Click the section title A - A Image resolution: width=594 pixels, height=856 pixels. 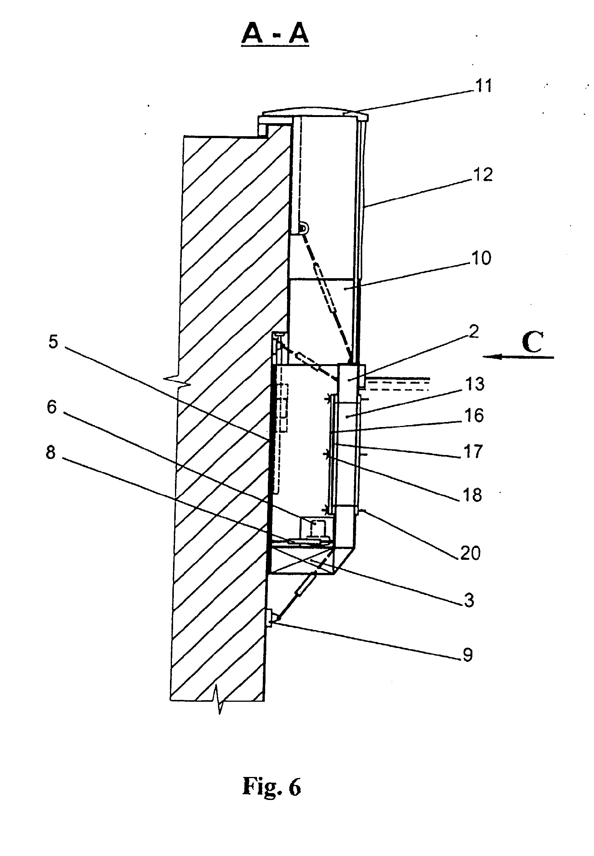[x=275, y=36]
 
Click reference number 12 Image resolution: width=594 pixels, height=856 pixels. [x=483, y=175]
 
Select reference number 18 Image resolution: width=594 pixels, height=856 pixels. [x=472, y=495]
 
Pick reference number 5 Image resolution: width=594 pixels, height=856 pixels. [x=53, y=342]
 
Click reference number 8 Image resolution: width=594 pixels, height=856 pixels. [x=50, y=453]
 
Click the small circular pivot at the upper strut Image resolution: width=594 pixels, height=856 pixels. [x=303, y=229]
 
